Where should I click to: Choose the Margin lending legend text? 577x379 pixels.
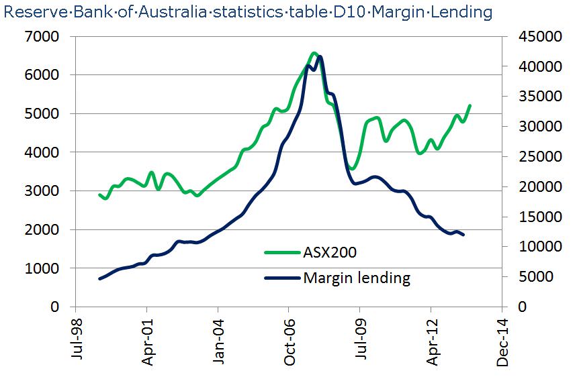356,277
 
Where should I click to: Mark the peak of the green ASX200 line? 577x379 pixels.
314,52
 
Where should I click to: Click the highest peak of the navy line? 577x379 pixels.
320,57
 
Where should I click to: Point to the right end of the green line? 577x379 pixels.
470,105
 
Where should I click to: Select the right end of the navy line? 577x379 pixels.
463,235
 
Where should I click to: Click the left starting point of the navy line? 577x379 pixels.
99,278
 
